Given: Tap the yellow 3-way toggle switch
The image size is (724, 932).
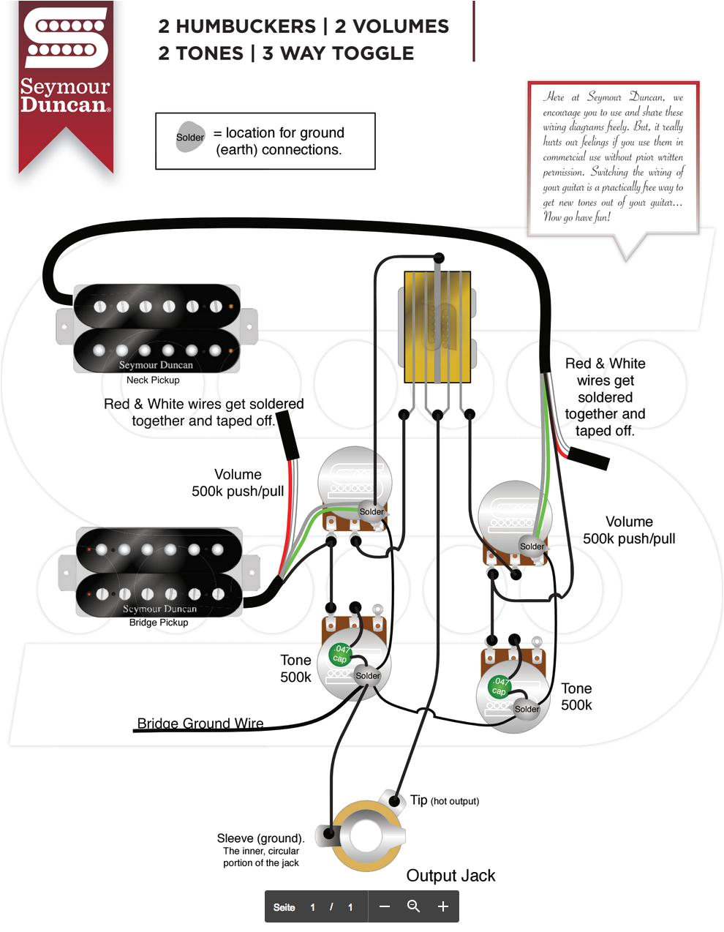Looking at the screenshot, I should tap(437, 327).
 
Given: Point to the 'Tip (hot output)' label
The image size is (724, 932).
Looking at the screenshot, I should tap(444, 800).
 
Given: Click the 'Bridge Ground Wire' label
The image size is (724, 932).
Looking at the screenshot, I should tap(200, 723).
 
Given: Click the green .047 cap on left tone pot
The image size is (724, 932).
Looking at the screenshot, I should tap(341, 654).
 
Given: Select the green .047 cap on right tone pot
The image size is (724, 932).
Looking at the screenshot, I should tap(500, 686).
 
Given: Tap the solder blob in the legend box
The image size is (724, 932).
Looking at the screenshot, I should tap(190, 137).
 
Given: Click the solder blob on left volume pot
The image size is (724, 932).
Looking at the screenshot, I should tap(372, 511).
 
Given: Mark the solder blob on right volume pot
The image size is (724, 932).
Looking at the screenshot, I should tap(532, 546).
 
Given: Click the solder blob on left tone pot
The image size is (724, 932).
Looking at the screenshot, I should tap(367, 675).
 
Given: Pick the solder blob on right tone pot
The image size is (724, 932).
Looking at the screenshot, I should tap(527, 708).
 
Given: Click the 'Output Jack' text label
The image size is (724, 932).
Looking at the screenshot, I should tap(450, 876).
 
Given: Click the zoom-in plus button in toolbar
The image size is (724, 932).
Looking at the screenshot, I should tap(442, 906).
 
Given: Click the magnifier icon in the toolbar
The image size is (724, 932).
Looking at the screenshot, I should tap(413, 906).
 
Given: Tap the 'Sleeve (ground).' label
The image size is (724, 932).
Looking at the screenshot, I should tap(260, 838).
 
